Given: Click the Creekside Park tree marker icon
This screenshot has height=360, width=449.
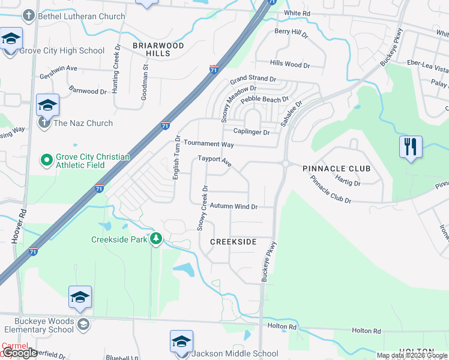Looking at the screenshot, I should (156, 239).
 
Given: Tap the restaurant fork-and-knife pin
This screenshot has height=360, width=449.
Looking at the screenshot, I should (411, 146).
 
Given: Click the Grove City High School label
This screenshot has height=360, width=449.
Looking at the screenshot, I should (62, 50).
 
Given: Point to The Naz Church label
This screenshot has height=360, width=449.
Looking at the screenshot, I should (83, 123).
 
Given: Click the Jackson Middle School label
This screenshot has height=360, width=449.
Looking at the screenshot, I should (235, 353).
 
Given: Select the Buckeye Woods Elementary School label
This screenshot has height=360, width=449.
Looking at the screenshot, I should (40, 325).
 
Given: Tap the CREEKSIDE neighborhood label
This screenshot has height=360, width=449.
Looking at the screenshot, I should (234, 242).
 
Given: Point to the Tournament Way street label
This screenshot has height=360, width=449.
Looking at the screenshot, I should (209, 144).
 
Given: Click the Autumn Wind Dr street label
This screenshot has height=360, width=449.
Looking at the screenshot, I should (234, 206).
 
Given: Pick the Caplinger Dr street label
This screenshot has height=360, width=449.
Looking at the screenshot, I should (252, 131).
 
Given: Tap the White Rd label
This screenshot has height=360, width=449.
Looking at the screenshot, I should (297, 13).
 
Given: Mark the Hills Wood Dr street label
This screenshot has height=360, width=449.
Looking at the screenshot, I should (289, 64).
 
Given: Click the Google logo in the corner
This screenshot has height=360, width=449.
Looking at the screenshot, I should (20, 353).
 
